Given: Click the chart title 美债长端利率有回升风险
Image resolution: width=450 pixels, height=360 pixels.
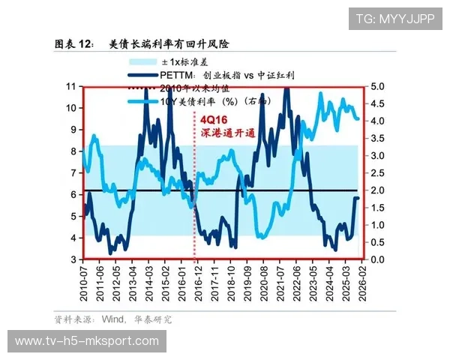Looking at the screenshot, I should tap(169, 44).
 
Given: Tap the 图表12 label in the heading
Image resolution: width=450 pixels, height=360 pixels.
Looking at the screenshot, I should tap(74, 44).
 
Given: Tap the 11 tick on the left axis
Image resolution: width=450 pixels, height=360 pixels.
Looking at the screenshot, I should tap(72, 87).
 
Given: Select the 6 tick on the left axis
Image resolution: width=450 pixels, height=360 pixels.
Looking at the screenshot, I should tap(72, 194).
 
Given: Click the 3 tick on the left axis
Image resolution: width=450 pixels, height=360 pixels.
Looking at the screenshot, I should tap(72, 259).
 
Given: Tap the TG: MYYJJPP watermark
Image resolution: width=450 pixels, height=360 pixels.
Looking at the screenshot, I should tap(395, 19).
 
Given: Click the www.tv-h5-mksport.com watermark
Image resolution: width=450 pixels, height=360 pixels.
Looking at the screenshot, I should tap(87, 342).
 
